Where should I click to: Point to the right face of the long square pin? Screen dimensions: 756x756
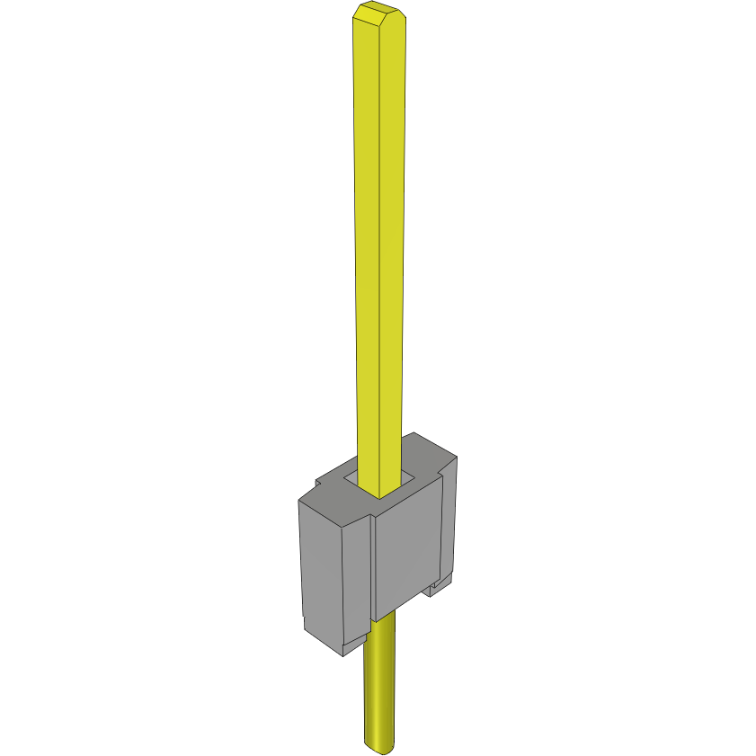point(393,252)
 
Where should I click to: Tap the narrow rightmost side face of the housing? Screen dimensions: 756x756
point(449,521)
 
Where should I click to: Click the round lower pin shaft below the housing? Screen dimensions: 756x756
point(381,683)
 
